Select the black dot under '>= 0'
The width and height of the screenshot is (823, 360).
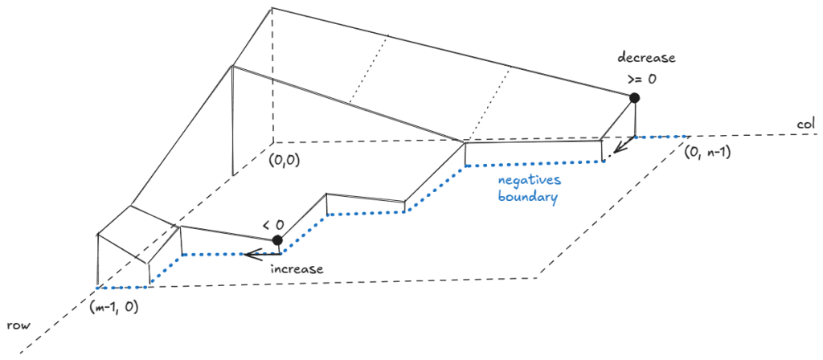tap(634, 98)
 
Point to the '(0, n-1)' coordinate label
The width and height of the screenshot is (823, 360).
tap(706, 153)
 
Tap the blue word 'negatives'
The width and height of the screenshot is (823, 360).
tap(526, 180)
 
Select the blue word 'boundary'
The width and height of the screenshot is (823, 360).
tap(526, 196)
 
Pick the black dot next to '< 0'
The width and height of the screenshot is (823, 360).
tap(277, 240)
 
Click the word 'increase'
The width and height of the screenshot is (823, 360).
tap(296, 269)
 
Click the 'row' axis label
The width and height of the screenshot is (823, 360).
tap(19, 326)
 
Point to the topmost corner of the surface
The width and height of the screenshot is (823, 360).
tap(272, 8)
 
